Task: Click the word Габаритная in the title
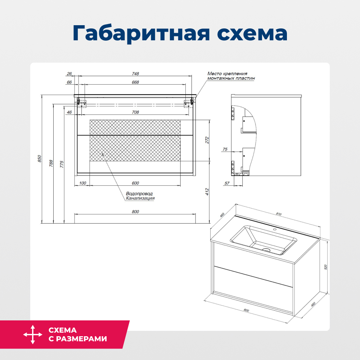pyautogui.click(x=141, y=33)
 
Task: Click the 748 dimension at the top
pyautogui.click(x=135, y=73)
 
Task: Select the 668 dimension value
pyautogui.click(x=135, y=82)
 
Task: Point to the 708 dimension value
pyautogui.click(x=135, y=112)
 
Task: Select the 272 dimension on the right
pyautogui.click(x=207, y=140)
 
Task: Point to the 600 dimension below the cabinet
pyautogui.click(x=135, y=183)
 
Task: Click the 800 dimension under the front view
pyautogui.click(x=135, y=212)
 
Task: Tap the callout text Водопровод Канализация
pyautogui.click(x=140, y=196)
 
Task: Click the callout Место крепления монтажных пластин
pyautogui.click(x=231, y=76)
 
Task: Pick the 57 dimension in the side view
pyautogui.click(x=227, y=183)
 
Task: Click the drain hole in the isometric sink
pyautogui.click(x=266, y=249)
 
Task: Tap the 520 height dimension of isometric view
pyautogui.click(x=325, y=267)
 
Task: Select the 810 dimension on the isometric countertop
pyautogui.click(x=278, y=214)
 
